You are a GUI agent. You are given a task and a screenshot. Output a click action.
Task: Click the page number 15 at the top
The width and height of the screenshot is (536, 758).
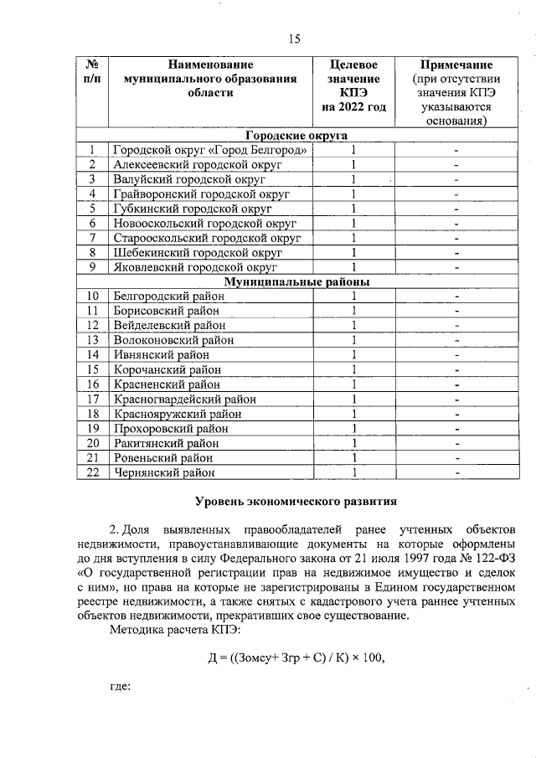tap(294, 39)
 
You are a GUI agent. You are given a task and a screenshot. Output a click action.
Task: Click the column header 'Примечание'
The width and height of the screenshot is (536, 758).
tap(456, 64)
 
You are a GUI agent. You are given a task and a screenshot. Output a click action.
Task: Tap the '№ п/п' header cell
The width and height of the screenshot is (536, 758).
tap(93, 72)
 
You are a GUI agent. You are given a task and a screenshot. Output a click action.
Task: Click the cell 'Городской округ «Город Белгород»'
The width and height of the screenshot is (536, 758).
tap(210, 150)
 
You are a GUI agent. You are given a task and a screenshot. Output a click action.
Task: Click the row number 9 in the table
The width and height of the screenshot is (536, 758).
tap(93, 267)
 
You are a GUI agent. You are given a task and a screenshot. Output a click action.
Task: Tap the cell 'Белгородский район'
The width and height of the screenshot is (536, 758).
tap(169, 296)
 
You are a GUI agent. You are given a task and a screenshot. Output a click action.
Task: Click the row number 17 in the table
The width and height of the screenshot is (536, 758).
tap(93, 399)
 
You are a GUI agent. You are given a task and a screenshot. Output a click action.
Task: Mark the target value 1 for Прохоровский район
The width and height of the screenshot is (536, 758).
tap(353, 428)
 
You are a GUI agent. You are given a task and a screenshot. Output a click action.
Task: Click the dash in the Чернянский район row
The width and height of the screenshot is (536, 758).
tap(457, 472)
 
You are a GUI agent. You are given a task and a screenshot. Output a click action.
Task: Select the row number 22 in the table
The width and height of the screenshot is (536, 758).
tap(93, 472)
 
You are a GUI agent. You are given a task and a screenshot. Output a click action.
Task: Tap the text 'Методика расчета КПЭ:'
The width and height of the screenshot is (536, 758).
tap(176, 628)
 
